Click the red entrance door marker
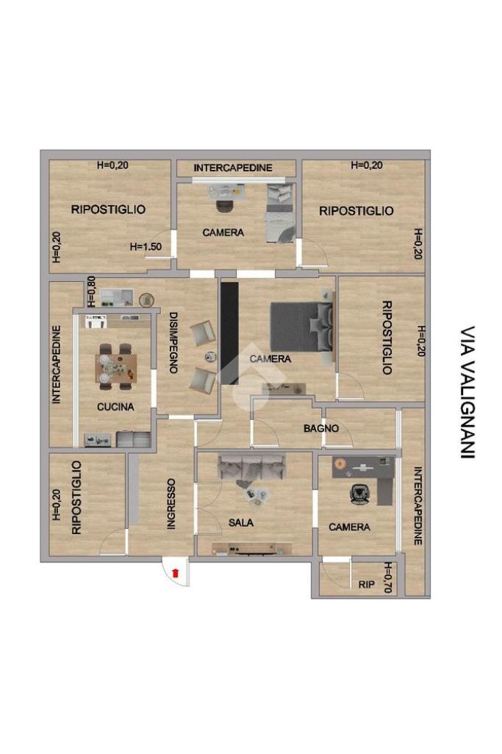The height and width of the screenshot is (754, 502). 176,572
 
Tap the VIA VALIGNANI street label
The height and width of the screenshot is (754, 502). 467,392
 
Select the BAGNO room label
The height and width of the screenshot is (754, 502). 321,428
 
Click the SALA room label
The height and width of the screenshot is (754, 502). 241,522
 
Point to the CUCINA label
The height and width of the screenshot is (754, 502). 115,407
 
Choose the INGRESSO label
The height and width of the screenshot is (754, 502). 171,504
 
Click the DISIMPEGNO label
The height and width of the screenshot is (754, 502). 173,343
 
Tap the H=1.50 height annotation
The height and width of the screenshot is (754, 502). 146,246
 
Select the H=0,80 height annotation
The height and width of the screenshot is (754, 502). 91,291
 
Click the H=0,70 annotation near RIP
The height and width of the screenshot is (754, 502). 388,577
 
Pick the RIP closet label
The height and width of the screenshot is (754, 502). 367,585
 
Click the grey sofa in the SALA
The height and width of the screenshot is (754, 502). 251,466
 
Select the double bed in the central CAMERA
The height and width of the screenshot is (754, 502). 301,327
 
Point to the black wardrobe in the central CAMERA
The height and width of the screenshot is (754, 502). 229,333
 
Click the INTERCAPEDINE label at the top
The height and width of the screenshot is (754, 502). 233,168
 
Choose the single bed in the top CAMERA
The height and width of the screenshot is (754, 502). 280,213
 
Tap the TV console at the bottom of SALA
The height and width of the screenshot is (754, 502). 252,549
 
